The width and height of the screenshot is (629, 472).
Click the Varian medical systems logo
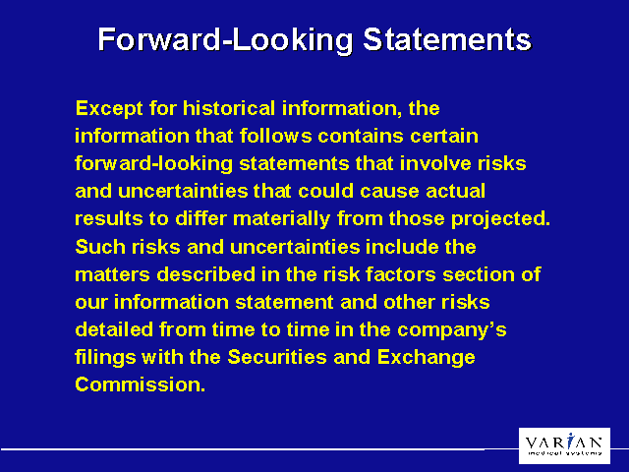pyautogui.click(x=564, y=444)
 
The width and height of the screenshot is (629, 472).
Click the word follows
pyautogui.click(x=266, y=134)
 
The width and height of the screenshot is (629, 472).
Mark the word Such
pyautogui.click(x=97, y=245)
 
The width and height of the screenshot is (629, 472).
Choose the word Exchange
pyautogui.click(x=430, y=356)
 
